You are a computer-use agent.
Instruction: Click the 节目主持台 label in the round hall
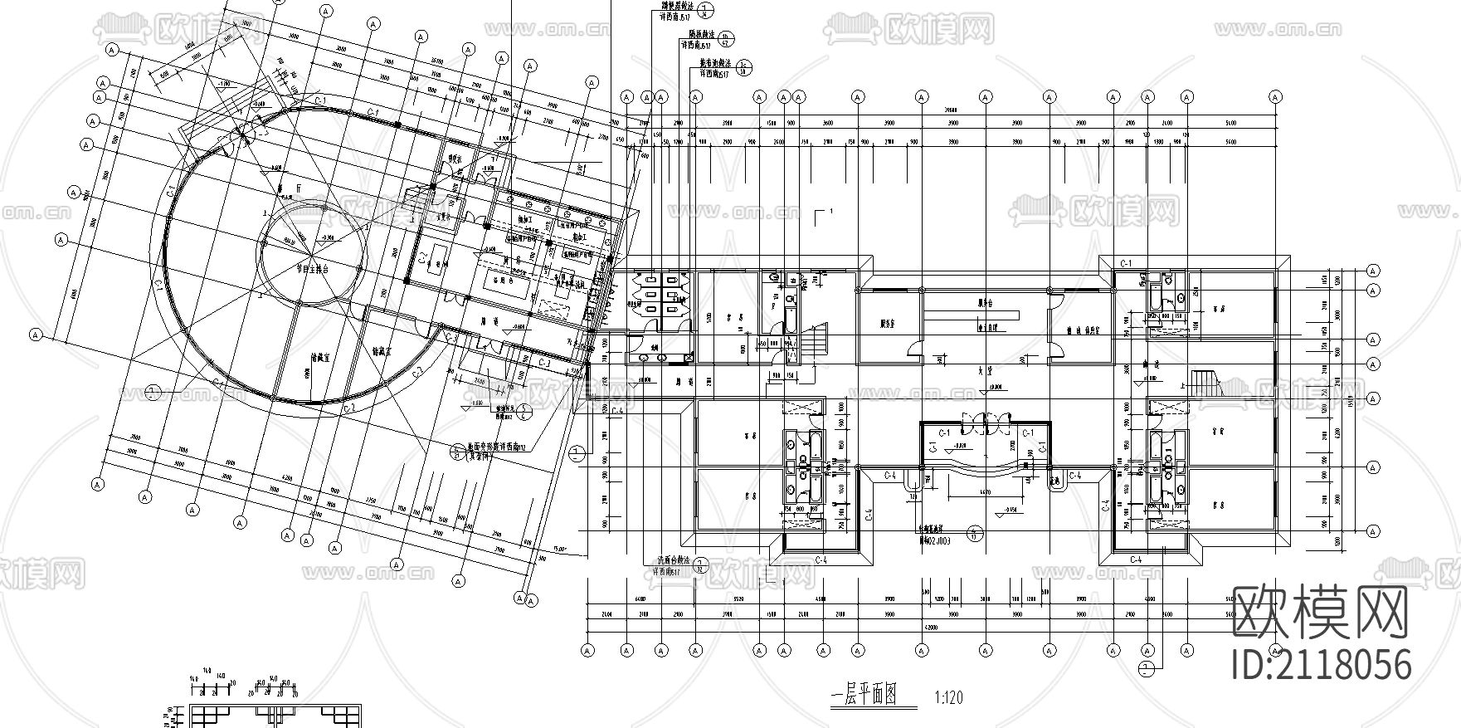[313, 269]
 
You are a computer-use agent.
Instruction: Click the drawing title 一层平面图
[864, 696]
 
